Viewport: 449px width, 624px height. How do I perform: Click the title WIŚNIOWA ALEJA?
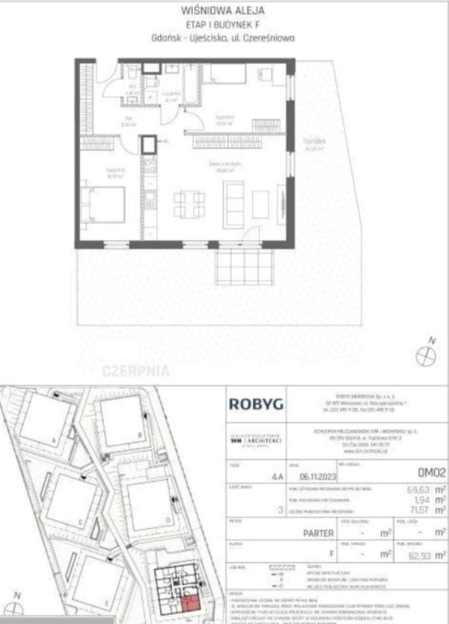225,10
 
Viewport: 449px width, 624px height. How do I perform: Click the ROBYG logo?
256,404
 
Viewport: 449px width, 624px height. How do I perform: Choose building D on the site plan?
149,502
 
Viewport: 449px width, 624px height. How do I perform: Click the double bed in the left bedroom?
105,205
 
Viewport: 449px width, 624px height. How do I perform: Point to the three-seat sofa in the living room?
234,203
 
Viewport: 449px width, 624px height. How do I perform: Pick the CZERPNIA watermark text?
136,372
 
